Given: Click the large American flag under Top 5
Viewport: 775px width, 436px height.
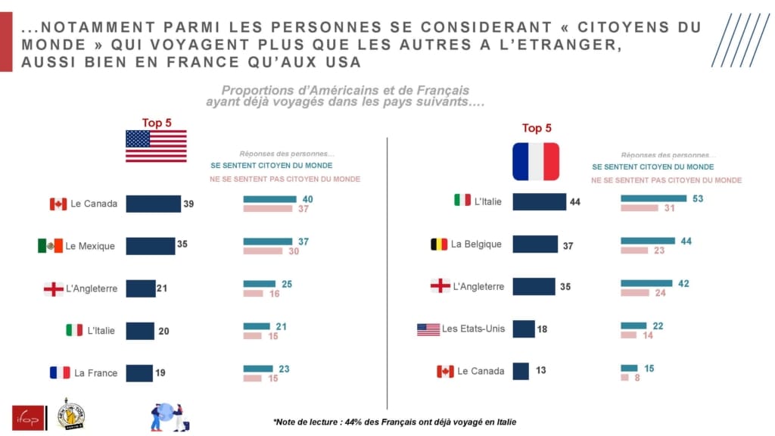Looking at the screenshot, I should tap(156, 146).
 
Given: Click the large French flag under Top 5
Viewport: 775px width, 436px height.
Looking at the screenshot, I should tap(536, 161).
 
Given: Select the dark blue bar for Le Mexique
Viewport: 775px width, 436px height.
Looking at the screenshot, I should tap(150, 246).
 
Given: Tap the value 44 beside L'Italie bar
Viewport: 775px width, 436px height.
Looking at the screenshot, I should tap(574, 203).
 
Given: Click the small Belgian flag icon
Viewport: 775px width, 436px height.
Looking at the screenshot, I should tap(439, 244).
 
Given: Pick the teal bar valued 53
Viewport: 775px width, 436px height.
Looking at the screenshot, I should tap(653, 198).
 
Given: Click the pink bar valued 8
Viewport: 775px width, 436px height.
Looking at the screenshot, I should tap(625, 377).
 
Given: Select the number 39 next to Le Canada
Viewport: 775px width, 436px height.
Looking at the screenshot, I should tap(188, 204).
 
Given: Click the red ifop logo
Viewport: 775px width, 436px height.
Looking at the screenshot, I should tap(27, 417).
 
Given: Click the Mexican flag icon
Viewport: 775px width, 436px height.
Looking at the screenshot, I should tap(50, 246).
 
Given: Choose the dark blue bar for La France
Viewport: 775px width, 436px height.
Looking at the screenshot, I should tap(139, 373).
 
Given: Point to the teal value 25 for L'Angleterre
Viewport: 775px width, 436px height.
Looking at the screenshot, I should tap(286, 284).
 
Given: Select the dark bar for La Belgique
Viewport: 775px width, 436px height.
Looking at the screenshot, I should tap(535, 244).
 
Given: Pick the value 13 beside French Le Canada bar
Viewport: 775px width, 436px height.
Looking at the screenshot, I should tap(540, 371).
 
